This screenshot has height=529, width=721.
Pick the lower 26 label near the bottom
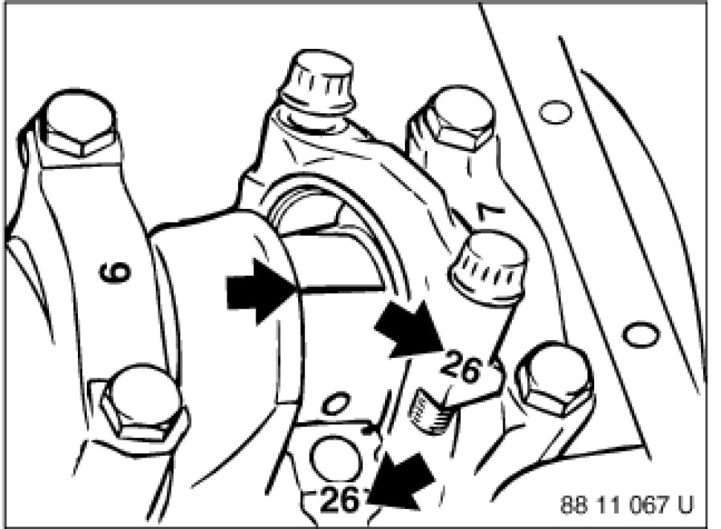[341, 500]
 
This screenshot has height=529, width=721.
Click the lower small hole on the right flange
[641, 332]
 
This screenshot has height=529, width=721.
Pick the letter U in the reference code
[685, 506]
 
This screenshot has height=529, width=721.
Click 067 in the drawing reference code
[648, 506]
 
